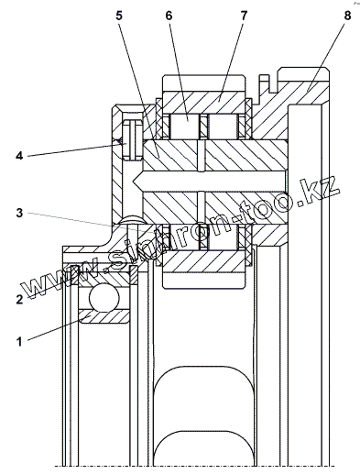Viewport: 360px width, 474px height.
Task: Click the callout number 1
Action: pos(19,341)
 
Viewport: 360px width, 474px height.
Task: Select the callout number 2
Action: pos(19,299)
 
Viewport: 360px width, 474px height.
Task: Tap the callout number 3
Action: pos(19,213)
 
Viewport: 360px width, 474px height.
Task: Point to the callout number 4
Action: pos(19,156)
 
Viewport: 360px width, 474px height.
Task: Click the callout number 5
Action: pos(119,16)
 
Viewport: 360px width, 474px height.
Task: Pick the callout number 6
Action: pos(169,16)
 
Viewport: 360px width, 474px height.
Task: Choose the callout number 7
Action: pos(244,16)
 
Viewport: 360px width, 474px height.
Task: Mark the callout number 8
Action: pos(347,16)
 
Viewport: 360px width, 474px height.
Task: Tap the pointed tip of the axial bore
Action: pos(133,181)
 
